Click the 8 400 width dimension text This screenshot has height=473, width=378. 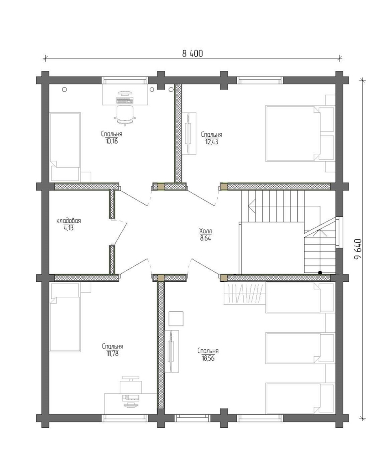193,54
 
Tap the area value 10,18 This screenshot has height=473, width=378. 111,141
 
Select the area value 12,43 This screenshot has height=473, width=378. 212,142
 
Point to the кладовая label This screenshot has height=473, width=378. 69,220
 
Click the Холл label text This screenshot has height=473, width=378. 206,231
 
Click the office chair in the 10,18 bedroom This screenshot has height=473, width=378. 124,115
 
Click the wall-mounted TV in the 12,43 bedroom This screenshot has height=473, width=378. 189,133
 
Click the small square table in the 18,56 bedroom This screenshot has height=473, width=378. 176,318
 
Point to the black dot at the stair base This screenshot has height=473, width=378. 320,272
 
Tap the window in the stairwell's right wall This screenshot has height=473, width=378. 341,232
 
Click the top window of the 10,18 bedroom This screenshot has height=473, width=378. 125,80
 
